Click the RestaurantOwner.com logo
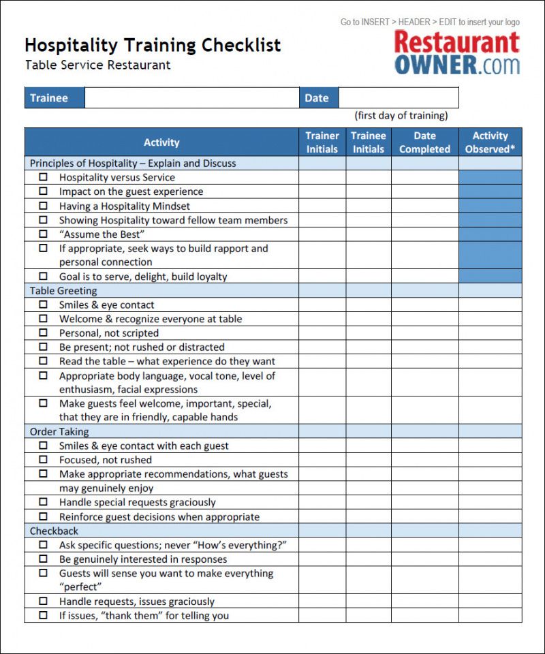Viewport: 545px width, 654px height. click(456, 52)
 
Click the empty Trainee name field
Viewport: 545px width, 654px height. click(191, 98)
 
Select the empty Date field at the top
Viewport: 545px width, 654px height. click(398, 98)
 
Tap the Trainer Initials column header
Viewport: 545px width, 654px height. click(322, 142)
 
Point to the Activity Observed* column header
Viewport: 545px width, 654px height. click(490, 142)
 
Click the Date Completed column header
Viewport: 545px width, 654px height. click(424, 142)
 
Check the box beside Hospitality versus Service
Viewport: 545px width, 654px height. click(44, 177)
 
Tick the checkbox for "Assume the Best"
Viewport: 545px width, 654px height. click(44, 234)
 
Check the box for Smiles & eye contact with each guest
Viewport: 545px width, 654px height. click(44, 446)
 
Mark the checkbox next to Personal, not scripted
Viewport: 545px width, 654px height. click(44, 333)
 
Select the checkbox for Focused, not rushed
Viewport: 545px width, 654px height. click(44, 460)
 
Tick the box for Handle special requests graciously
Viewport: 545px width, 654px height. click(44, 502)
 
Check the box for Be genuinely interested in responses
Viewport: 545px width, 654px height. click(44, 559)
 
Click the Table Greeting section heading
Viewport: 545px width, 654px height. click(63, 291)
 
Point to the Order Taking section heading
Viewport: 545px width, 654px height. click(59, 432)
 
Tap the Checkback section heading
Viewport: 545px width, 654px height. click(54, 531)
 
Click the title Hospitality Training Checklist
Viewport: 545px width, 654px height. click(153, 46)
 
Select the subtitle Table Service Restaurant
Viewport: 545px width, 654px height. click(97, 65)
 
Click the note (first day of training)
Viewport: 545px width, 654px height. click(401, 115)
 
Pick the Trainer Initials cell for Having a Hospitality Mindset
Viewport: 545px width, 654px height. click(322, 206)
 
